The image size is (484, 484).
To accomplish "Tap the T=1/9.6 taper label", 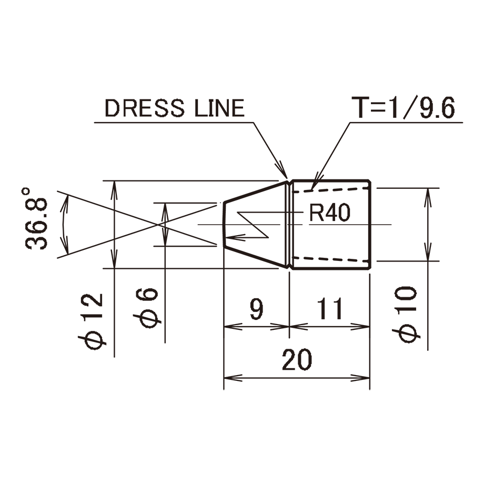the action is tap(403, 108).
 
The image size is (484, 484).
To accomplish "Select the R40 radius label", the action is tap(330, 213).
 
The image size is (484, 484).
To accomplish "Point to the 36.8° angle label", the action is tap(36, 218).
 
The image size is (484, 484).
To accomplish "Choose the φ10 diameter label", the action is tap(406, 314).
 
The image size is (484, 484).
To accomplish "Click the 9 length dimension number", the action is tap(256, 309).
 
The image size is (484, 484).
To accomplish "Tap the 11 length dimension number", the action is tap(330, 309).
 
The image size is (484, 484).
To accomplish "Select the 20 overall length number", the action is tap(297, 360).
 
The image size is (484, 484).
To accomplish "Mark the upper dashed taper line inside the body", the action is tap(330, 189).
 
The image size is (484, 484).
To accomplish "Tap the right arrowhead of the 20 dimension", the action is tap(360, 378).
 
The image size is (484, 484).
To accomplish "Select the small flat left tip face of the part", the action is tap(224, 225).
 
